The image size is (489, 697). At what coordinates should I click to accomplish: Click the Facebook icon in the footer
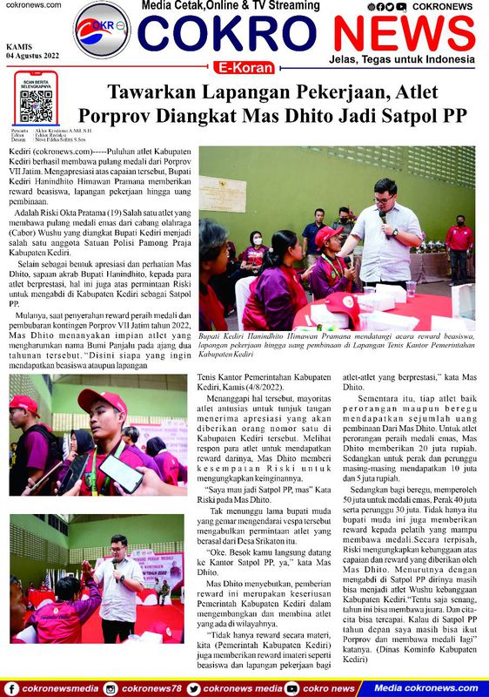coord(11,688)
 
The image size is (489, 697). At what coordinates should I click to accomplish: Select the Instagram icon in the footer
coord(111,688)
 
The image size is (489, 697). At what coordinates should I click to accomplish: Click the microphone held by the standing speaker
coord(381,214)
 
